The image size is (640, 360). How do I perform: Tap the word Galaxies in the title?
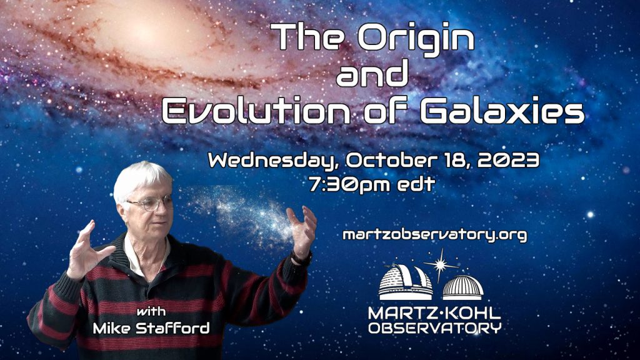tap(502, 110)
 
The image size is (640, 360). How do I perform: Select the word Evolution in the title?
tap(256, 110)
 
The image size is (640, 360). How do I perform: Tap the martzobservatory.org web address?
tap(435, 235)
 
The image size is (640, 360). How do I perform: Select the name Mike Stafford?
tap(151, 327)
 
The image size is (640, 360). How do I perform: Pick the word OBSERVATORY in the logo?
tap(435, 327)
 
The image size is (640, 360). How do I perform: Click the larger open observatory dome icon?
tap(405, 282)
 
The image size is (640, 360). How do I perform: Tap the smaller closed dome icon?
tap(463, 287)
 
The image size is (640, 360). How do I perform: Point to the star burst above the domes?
tap(441, 265)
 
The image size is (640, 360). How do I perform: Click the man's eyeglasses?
tap(150, 203)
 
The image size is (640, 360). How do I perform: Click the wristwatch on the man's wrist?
tap(302, 258)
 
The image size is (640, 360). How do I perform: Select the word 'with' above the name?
tap(151, 312)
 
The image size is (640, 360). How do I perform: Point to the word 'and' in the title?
tap(372, 74)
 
